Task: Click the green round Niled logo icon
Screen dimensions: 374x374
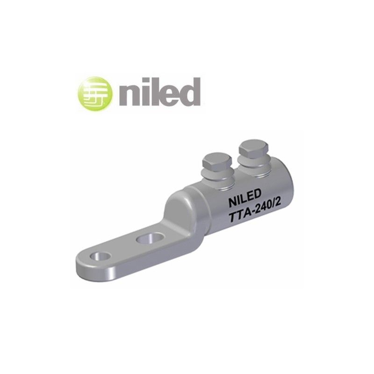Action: tap(95, 93)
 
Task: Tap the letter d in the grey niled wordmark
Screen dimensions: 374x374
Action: tap(190, 92)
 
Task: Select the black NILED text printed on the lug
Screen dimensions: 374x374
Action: tap(245, 201)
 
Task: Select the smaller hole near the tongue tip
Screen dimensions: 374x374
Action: tap(101, 257)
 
